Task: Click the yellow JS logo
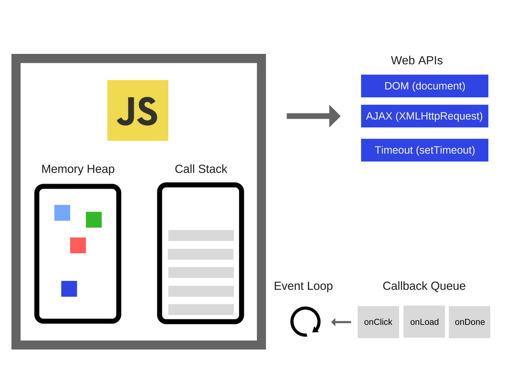click(138, 110)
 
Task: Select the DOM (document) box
click(425, 86)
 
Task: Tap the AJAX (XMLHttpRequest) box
click(425, 116)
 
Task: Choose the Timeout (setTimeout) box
click(425, 150)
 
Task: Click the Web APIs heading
click(417, 60)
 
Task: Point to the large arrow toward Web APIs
click(313, 116)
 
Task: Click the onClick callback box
click(378, 322)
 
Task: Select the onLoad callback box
click(424, 322)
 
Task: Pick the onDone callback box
click(469, 322)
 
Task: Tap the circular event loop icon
click(305, 322)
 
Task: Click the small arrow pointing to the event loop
click(341, 322)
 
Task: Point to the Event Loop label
click(303, 286)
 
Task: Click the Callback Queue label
click(424, 286)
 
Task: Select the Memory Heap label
click(78, 169)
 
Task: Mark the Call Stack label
click(201, 169)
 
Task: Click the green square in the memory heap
click(94, 220)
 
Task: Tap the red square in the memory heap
click(78, 245)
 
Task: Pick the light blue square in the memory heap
click(62, 213)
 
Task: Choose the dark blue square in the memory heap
click(69, 289)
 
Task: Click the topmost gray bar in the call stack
click(201, 235)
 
